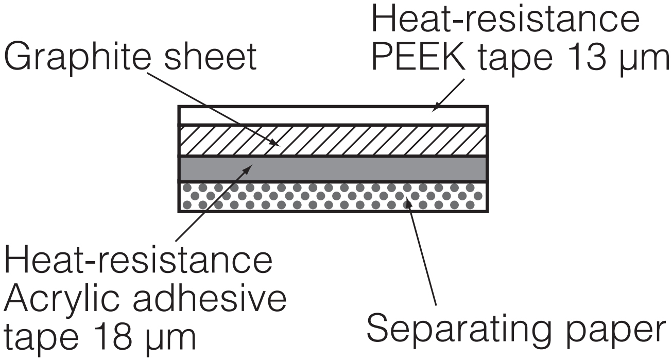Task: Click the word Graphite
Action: [77, 58]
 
